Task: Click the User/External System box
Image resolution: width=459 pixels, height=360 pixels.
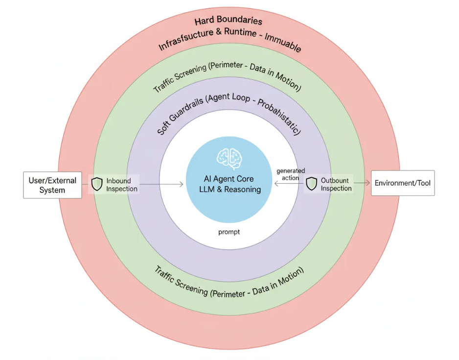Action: tap(52, 185)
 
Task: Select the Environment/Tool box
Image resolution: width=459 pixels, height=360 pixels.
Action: tap(402, 183)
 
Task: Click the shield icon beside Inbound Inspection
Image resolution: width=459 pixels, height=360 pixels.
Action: tap(96, 184)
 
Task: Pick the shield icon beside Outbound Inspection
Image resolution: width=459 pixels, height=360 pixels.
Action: tap(311, 184)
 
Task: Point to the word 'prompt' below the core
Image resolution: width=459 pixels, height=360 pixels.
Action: tap(229, 232)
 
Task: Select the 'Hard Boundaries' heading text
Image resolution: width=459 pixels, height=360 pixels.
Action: tap(228, 21)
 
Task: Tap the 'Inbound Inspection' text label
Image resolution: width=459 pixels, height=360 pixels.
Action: tap(121, 185)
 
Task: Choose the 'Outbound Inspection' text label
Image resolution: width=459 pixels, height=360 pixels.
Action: tap(336, 184)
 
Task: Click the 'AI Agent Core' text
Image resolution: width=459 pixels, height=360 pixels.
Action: tap(229, 179)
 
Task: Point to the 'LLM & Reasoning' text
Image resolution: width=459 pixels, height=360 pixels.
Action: tap(229, 190)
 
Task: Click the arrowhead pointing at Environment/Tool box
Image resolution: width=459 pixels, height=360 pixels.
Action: tap(367, 183)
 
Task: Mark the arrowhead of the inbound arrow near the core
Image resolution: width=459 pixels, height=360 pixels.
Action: tap(182, 184)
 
